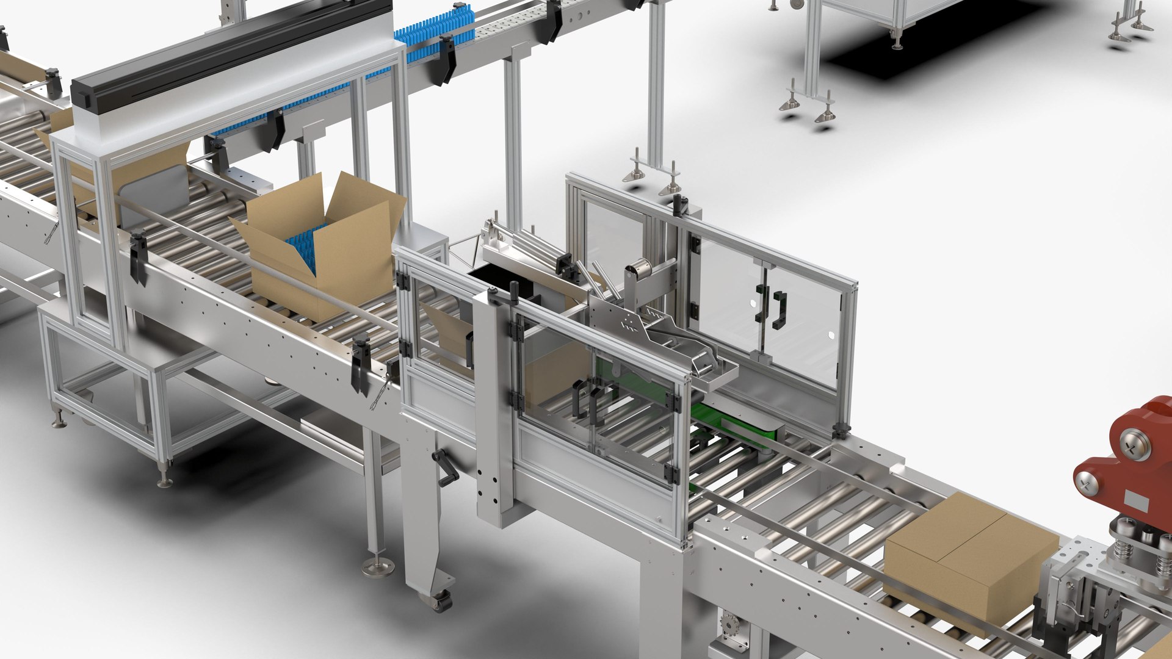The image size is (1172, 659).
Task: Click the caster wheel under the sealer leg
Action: point(440,601)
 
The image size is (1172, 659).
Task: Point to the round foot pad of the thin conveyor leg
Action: point(378,567)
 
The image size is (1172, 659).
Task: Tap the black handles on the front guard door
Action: point(587,400)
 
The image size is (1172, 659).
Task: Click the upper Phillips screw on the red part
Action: point(1135,445)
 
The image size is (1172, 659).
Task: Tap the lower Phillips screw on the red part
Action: point(1087,485)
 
